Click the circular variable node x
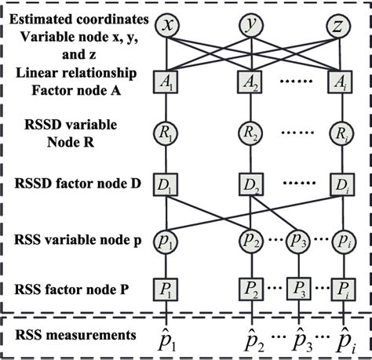[166, 27]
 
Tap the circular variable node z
[337, 27]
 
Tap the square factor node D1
[166, 185]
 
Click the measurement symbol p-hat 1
[166, 339]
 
